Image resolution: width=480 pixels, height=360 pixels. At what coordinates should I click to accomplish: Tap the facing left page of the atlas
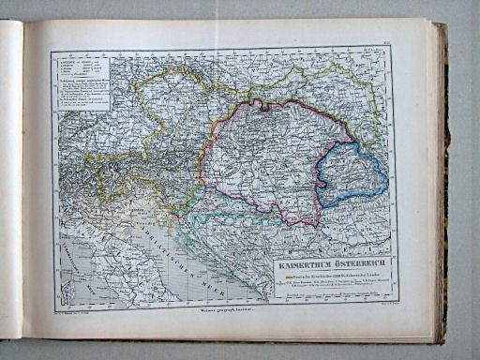pos(10,178)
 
